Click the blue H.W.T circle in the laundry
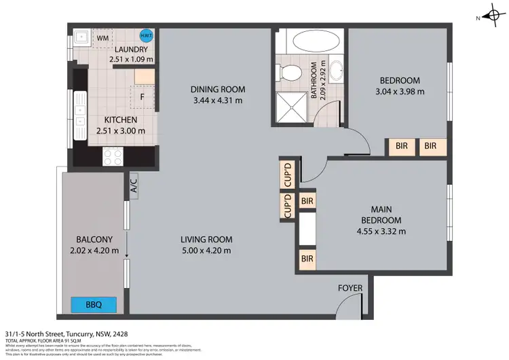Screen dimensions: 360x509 click(x=145, y=36)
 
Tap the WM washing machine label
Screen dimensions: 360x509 click(x=103, y=38)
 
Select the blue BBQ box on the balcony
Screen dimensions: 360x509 click(x=94, y=305)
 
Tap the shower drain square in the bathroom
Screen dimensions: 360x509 click(x=290, y=109)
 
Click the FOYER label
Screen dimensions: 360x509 click(x=350, y=288)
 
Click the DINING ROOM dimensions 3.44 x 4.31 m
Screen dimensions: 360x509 click(x=217, y=101)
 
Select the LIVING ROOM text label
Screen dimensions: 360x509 click(x=206, y=239)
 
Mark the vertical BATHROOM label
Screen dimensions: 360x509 click(x=314, y=82)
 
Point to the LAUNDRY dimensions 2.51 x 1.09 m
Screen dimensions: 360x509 click(x=131, y=60)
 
